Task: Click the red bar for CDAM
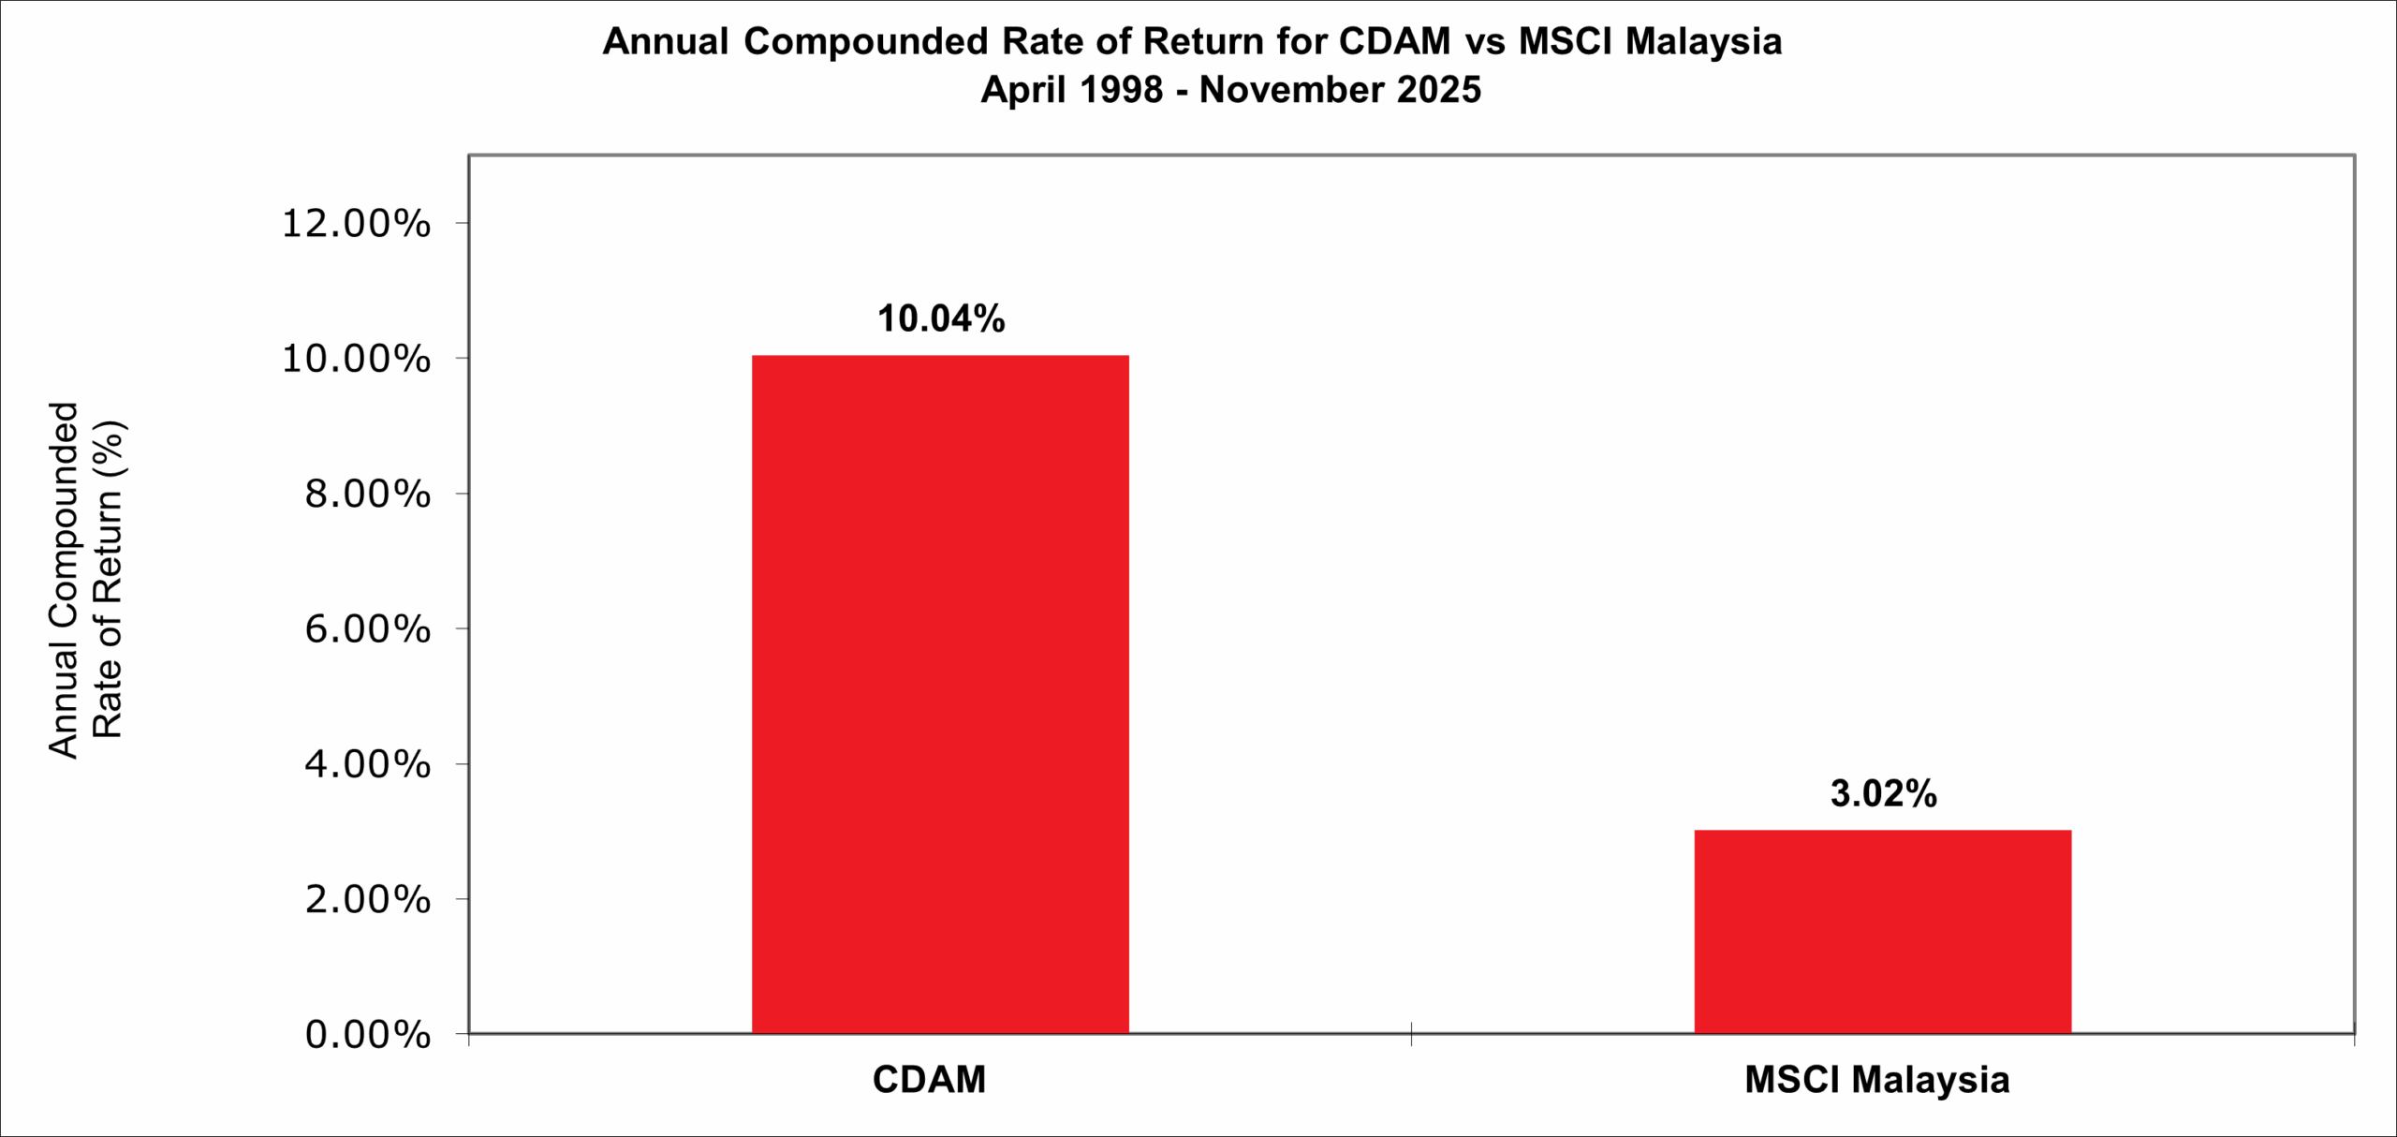click(x=940, y=694)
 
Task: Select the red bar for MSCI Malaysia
click(x=1882, y=931)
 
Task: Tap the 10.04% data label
click(x=940, y=319)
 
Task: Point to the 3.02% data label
click(x=1883, y=794)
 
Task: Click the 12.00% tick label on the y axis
click(x=356, y=224)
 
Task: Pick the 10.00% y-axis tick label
click(x=356, y=359)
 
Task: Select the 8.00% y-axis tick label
click(x=367, y=494)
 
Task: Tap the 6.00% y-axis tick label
click(x=367, y=629)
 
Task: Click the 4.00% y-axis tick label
click(x=367, y=764)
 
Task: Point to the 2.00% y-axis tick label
click(x=367, y=900)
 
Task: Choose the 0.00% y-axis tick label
click(x=367, y=1035)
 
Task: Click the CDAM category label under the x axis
click(x=929, y=1080)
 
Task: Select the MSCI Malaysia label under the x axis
click(x=1876, y=1080)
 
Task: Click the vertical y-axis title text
click(x=85, y=581)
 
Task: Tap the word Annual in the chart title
click(x=665, y=42)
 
